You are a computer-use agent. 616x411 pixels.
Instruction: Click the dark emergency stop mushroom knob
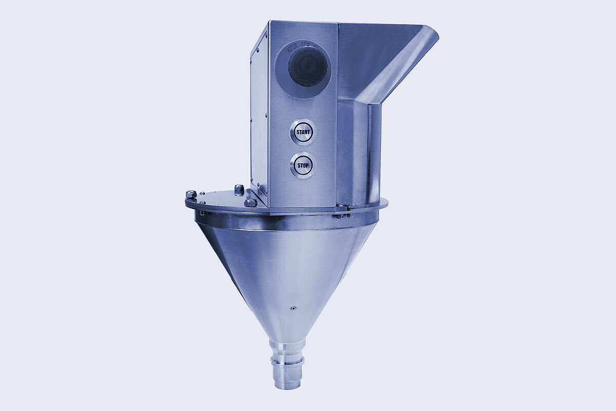[307, 67]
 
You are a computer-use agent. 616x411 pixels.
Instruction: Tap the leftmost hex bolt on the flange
[191, 195]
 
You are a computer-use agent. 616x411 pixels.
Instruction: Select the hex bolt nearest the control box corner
[251, 202]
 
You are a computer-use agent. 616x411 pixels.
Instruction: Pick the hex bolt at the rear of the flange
[239, 189]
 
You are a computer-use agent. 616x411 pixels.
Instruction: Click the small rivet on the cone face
[293, 309]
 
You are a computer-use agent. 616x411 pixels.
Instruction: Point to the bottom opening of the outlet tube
[288, 385]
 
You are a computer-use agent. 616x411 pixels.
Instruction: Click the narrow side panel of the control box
[259, 113]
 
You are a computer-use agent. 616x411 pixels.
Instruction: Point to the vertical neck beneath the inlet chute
[359, 149]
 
